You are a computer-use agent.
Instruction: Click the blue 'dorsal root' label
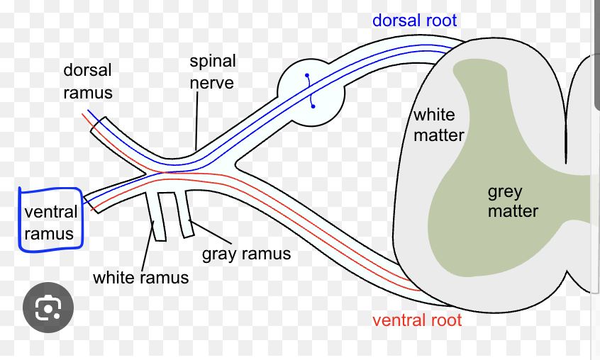point(416,20)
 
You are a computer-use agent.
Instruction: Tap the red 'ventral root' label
point(417,320)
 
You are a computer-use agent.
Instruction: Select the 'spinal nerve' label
point(212,72)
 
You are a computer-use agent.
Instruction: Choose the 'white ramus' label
point(140,277)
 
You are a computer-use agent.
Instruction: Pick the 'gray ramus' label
point(246,254)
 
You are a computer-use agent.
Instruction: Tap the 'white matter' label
point(438,124)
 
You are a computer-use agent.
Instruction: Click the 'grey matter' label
point(512,201)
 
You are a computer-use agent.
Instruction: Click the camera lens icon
point(48,308)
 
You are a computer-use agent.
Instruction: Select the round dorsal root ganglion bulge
point(310,92)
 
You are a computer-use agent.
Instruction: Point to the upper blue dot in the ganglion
point(307,74)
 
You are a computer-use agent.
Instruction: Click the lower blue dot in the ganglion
point(313,106)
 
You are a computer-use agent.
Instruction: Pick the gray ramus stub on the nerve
point(185,213)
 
